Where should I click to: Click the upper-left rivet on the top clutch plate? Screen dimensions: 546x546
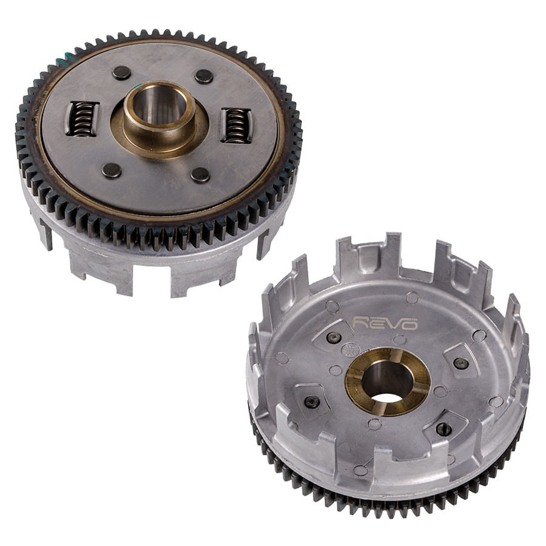(x=122, y=73)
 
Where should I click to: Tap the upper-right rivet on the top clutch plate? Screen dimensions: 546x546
(x=204, y=76)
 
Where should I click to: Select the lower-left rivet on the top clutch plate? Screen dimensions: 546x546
(x=112, y=170)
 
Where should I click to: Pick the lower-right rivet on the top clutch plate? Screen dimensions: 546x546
(x=201, y=175)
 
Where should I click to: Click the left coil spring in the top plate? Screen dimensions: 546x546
(x=82, y=118)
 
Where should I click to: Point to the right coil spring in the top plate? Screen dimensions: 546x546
(x=237, y=126)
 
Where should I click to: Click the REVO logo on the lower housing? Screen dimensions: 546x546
(x=385, y=323)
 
